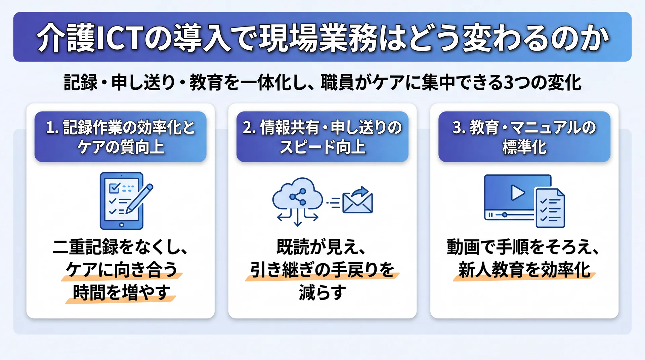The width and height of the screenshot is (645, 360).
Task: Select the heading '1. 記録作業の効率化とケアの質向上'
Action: [120, 137]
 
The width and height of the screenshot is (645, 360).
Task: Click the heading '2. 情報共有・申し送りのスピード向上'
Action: [322, 137]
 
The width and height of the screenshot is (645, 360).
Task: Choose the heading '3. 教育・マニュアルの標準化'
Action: [524, 137]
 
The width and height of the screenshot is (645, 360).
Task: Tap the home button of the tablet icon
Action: [121, 225]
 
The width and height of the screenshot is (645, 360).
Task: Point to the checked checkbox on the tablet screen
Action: [114, 188]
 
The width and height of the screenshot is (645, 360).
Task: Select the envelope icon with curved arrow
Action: [357, 200]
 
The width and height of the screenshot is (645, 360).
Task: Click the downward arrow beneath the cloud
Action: [297, 218]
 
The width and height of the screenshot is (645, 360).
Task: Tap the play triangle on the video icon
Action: [517, 193]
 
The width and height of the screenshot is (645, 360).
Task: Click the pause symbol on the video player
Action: [490, 215]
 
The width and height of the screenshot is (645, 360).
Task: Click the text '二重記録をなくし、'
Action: [120, 247]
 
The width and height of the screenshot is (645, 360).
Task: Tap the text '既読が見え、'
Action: [321, 247]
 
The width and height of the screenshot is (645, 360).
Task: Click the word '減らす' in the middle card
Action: [322, 292]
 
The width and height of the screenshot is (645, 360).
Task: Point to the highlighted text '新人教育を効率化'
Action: [524, 270]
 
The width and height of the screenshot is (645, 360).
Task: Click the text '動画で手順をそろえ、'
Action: [523, 247]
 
